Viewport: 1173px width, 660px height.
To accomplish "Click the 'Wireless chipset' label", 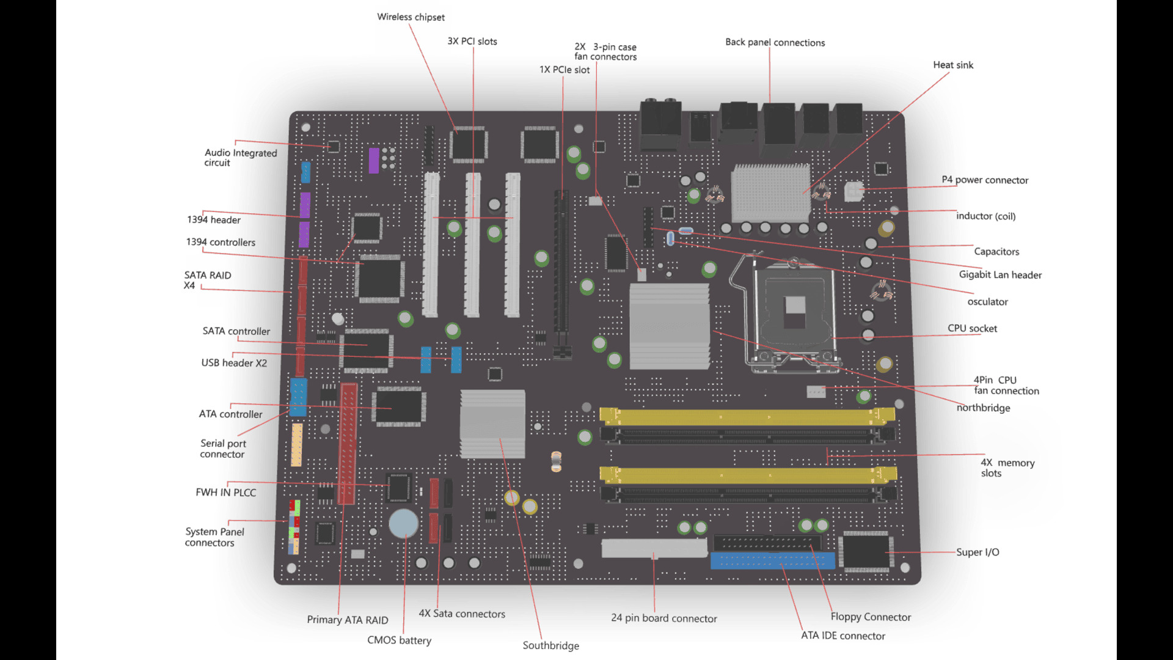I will pyautogui.click(x=411, y=17).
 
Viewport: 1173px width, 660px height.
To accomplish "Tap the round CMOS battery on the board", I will pyautogui.click(x=404, y=523).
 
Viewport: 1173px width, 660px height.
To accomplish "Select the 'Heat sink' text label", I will pyautogui.click(x=952, y=65).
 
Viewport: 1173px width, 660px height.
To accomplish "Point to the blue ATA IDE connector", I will pyautogui.click(x=772, y=560).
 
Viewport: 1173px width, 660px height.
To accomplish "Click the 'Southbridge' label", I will pyautogui.click(x=550, y=645).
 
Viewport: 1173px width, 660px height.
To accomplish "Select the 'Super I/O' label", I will pyautogui.click(x=977, y=552).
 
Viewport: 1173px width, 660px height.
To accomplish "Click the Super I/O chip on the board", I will pyautogui.click(x=866, y=551).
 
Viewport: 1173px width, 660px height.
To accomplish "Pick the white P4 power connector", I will pyautogui.click(x=853, y=191).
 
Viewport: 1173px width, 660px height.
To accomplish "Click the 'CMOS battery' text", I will pyautogui.click(x=399, y=640).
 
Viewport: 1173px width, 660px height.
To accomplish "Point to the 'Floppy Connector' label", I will pyautogui.click(x=870, y=617).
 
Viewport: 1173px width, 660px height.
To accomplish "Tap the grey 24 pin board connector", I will pyautogui.click(x=654, y=548).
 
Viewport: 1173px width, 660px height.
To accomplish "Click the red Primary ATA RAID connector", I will pyautogui.click(x=348, y=443).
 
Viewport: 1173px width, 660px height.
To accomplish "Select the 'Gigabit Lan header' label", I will pyautogui.click(x=999, y=274).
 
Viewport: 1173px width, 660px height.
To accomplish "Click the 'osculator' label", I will pyautogui.click(x=987, y=301).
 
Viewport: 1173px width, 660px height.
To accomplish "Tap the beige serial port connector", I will pyautogui.click(x=297, y=445).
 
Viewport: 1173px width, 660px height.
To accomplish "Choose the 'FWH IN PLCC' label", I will pyautogui.click(x=225, y=492).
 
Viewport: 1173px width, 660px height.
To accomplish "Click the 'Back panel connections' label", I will pyautogui.click(x=775, y=42).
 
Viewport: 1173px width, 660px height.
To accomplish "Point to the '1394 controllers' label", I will pyautogui.click(x=221, y=242).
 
